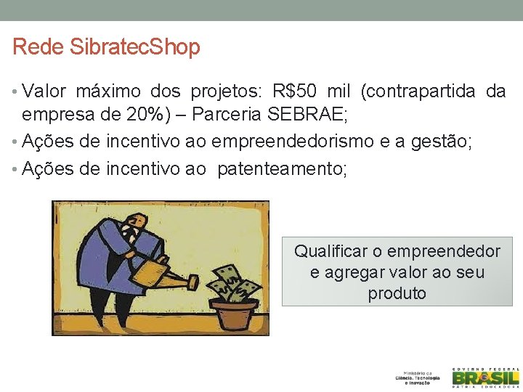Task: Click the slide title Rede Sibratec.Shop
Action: (x=106, y=47)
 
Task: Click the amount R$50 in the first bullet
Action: (x=296, y=91)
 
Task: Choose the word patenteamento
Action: (x=282, y=169)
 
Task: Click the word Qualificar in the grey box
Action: (x=331, y=251)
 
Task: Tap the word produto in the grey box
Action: (x=397, y=293)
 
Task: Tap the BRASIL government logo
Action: (x=485, y=377)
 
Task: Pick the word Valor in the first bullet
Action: (x=44, y=91)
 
